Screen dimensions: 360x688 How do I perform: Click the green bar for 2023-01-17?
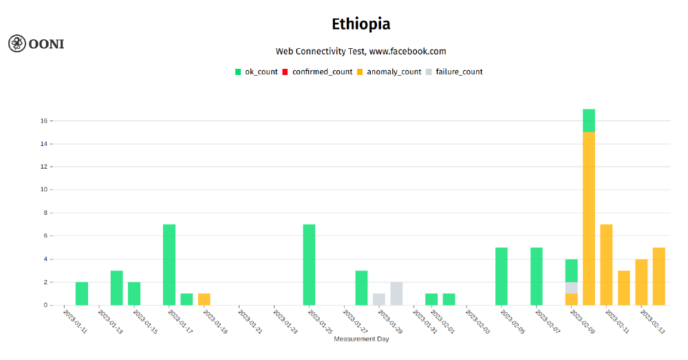tap(169, 264)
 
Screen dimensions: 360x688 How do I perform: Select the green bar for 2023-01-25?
tap(309, 264)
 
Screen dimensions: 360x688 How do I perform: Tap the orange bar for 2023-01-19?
tap(204, 299)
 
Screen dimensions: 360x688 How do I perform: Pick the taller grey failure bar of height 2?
tap(396, 293)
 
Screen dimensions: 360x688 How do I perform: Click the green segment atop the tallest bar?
tap(589, 120)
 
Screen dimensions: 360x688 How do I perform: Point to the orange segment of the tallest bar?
tap(589, 218)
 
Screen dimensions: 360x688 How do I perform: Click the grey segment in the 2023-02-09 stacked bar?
tap(572, 288)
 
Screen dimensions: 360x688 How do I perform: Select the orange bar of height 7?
tap(606, 264)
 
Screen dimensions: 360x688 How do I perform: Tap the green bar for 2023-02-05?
tap(502, 276)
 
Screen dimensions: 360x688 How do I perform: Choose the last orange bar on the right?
tap(659, 276)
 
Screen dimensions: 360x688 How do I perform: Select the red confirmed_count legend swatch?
tap(286, 72)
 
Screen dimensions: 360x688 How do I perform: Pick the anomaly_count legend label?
tap(394, 72)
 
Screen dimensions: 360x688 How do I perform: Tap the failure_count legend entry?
tap(459, 72)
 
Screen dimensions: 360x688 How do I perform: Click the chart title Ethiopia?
tap(361, 24)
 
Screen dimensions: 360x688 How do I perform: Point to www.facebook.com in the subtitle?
tap(407, 51)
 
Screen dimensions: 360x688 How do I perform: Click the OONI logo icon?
tap(17, 43)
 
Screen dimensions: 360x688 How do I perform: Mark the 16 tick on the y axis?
tap(43, 121)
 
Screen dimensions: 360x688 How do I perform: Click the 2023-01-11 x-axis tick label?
tap(76, 322)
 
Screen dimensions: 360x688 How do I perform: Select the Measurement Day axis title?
tap(361, 339)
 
